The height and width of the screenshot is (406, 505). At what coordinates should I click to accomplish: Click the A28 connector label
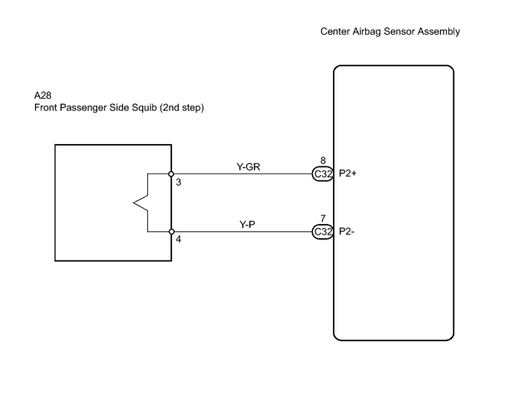pyautogui.click(x=42, y=96)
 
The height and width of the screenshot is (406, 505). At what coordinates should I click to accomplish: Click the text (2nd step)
pyautogui.click(x=181, y=108)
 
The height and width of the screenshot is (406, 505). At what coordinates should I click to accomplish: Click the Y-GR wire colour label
pyautogui.click(x=248, y=166)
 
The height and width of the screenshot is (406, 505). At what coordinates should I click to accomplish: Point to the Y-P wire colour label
pyautogui.click(x=247, y=225)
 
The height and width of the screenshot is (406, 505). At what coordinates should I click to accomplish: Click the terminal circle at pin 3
pyautogui.click(x=171, y=174)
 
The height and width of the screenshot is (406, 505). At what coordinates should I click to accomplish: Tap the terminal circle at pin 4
pyautogui.click(x=171, y=231)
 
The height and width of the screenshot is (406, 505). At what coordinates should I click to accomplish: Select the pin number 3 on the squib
pyautogui.click(x=179, y=182)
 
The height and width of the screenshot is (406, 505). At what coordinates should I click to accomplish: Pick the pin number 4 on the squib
pyautogui.click(x=178, y=240)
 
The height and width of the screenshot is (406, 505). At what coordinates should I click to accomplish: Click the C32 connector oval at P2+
pyautogui.click(x=323, y=174)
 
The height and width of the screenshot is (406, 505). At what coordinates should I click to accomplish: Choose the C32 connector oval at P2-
pyautogui.click(x=323, y=232)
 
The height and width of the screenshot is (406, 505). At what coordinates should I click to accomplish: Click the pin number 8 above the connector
pyautogui.click(x=323, y=161)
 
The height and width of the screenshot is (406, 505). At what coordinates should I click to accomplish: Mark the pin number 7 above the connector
pyautogui.click(x=323, y=218)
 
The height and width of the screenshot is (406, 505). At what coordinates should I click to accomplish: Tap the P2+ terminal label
pyautogui.click(x=348, y=174)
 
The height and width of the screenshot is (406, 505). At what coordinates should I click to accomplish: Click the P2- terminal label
pyautogui.click(x=347, y=231)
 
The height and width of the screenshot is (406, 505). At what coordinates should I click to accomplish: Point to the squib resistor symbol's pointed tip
pyautogui.click(x=133, y=203)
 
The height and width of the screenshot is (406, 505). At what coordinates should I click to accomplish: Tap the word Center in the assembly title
pyautogui.click(x=335, y=32)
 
